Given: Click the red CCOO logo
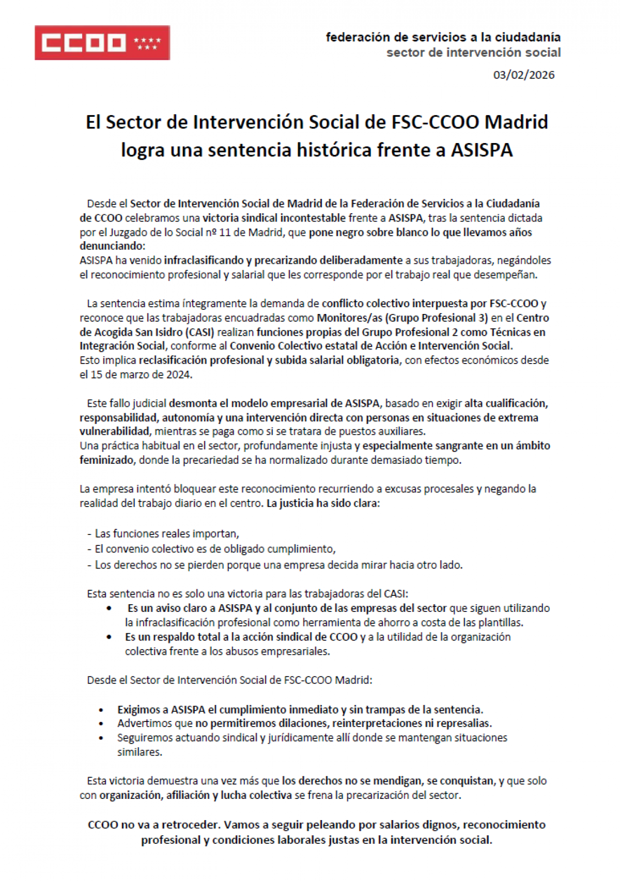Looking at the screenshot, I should click(x=102, y=43).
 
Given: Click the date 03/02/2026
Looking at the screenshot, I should click(x=523, y=75).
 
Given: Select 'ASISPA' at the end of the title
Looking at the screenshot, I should click(x=482, y=150).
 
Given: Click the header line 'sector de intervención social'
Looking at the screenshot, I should click(x=473, y=53).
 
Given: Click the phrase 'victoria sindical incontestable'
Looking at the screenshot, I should click(x=274, y=218).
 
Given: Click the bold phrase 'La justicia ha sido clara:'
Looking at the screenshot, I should click(x=323, y=503).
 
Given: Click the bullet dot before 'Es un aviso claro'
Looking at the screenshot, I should click(x=109, y=608).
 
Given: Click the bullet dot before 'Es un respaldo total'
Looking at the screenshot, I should click(x=109, y=637).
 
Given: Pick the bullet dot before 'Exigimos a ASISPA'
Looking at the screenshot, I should click(x=101, y=710).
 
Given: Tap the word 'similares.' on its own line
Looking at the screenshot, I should click(x=139, y=752).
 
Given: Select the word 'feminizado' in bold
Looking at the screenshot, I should click(x=106, y=460).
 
